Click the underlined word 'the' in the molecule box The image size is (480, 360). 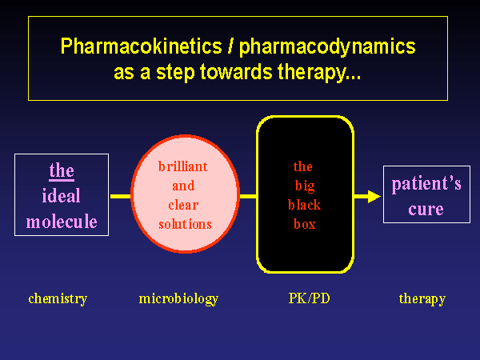[62, 171]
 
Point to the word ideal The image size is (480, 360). [62, 196]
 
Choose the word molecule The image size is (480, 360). [62, 222]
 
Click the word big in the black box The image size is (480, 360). [303, 186]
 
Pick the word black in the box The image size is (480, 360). [304, 205]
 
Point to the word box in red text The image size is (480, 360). [304, 224]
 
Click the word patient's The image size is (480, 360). [426, 185]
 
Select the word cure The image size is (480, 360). [426, 210]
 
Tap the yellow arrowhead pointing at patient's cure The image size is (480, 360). [372, 196]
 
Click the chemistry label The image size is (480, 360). [58, 299]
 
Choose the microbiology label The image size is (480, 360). [178, 299]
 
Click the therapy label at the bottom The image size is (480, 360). [422, 299]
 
